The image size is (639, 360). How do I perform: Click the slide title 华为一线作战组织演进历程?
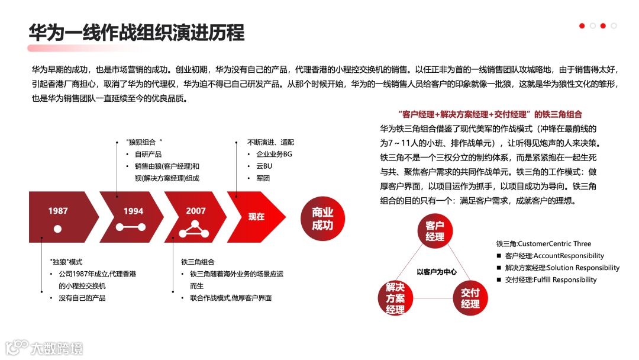(137, 32)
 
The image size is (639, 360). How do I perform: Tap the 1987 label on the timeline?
(58, 211)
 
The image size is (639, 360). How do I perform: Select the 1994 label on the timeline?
(133, 211)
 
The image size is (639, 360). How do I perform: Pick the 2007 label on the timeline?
(196, 211)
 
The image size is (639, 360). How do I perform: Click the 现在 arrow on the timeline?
(256, 217)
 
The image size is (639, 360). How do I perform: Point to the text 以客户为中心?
(436, 272)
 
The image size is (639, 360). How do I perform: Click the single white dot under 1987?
(57, 229)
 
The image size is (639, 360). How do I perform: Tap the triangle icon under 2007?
(196, 227)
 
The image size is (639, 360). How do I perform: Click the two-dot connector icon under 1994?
(131, 227)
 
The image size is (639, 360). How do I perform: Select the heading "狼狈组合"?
(144, 142)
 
